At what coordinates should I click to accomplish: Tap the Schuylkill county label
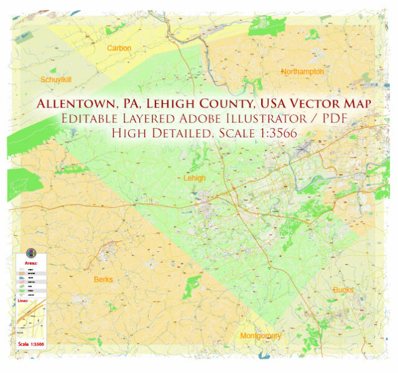pyautogui.click(x=57, y=80)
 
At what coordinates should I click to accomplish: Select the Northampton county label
pyautogui.click(x=302, y=71)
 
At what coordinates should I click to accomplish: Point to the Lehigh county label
pyautogui.click(x=195, y=178)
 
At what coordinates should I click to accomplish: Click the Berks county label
pyautogui.click(x=103, y=279)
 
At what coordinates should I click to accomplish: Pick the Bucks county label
pyautogui.click(x=343, y=290)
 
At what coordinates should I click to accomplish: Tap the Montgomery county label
pyautogui.click(x=261, y=336)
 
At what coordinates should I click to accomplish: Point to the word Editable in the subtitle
pyautogui.click(x=88, y=118)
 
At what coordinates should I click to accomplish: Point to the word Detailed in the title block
pyautogui.click(x=184, y=133)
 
